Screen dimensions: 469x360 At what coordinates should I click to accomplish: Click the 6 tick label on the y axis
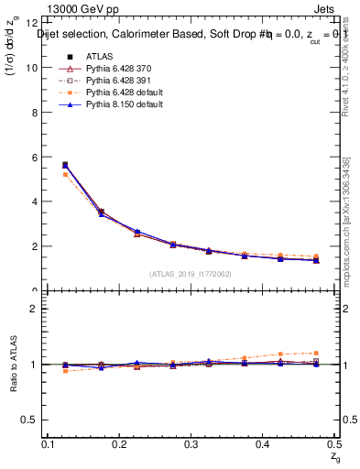click(34, 158)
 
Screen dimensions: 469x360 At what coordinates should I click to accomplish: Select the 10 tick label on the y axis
click(31, 68)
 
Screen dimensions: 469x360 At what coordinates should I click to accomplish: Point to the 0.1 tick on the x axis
click(48, 443)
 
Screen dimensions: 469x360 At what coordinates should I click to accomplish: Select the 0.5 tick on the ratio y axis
click(29, 420)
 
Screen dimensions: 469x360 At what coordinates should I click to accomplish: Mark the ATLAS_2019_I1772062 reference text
click(191, 274)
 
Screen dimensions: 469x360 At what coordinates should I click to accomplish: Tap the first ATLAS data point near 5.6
click(64, 165)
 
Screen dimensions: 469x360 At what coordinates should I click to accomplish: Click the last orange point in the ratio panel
click(316, 353)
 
